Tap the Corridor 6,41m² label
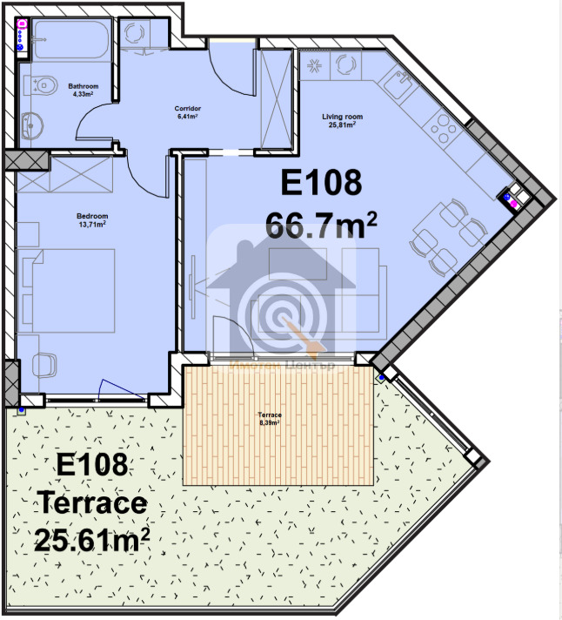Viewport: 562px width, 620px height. [x=186, y=111]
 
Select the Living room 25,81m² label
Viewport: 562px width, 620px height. [x=343, y=119]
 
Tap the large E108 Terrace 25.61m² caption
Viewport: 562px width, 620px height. [x=92, y=503]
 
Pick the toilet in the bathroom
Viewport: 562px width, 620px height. [x=37, y=85]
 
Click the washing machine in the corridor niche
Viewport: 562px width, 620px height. [x=136, y=34]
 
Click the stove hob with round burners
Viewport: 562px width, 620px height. [x=443, y=131]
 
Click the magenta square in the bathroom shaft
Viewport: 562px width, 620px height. [x=22, y=25]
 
